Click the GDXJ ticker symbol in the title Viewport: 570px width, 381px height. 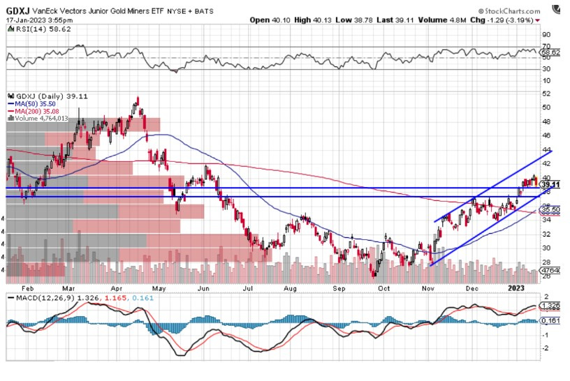(17, 10)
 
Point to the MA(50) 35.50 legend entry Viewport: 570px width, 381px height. (34, 104)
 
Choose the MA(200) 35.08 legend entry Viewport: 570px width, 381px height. (36, 111)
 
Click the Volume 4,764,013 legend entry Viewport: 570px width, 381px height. (42, 118)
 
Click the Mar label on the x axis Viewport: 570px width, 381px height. (68, 287)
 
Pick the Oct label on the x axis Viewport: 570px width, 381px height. (383, 287)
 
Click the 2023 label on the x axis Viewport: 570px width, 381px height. (516, 287)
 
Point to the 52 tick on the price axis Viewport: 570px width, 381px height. (547, 94)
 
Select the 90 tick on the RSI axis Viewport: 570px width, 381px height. (547, 35)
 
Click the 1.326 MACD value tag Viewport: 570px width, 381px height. (552, 306)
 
